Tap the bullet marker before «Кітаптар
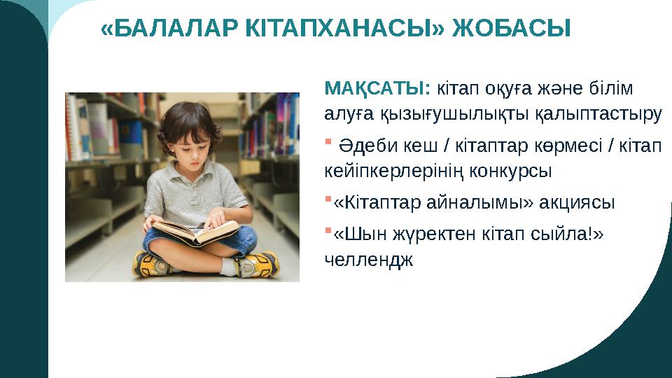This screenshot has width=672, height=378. coord(328,200)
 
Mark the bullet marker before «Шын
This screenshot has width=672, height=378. coord(328,233)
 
